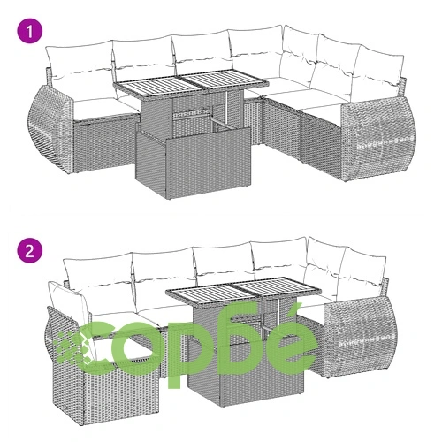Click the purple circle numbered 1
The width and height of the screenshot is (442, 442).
pos(30,32)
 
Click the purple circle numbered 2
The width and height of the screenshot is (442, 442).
pos(30,251)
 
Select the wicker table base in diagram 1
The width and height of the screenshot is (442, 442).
pos(193,153)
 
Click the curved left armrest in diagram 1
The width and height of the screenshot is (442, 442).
pos(50,128)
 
